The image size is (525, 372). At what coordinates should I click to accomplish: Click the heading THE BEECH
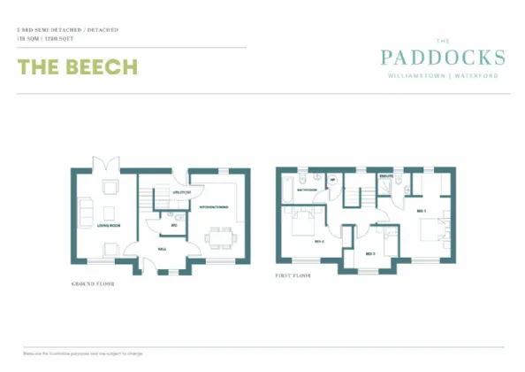click(x=77, y=68)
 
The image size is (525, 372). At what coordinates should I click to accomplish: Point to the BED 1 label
click(x=421, y=211)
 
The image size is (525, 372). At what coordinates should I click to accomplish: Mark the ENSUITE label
click(x=385, y=176)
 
